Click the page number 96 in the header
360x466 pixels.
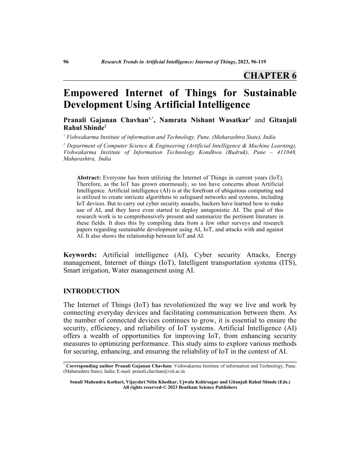coord(67,61)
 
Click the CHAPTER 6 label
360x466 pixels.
coord(270,75)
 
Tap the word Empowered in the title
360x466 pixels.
coord(91,93)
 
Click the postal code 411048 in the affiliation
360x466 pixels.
coord(285,152)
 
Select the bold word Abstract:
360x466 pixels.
coord(90,177)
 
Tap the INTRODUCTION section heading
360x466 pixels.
coord(92,291)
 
